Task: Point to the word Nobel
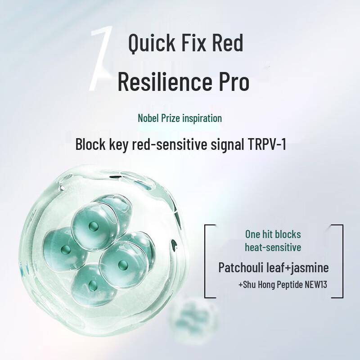click(x=148, y=118)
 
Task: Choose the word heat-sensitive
click(x=273, y=247)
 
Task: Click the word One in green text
click(x=253, y=234)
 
